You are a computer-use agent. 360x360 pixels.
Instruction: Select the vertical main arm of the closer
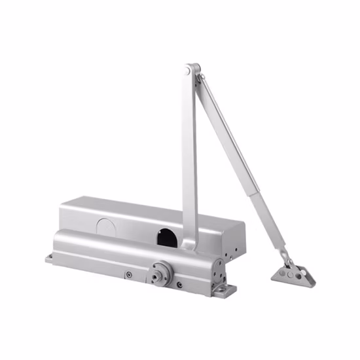pyautogui.click(x=189, y=157)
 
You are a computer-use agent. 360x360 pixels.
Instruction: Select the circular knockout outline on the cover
pyautogui.click(x=105, y=225)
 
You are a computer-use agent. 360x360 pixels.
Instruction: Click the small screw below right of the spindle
pyautogui.click(x=179, y=285)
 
